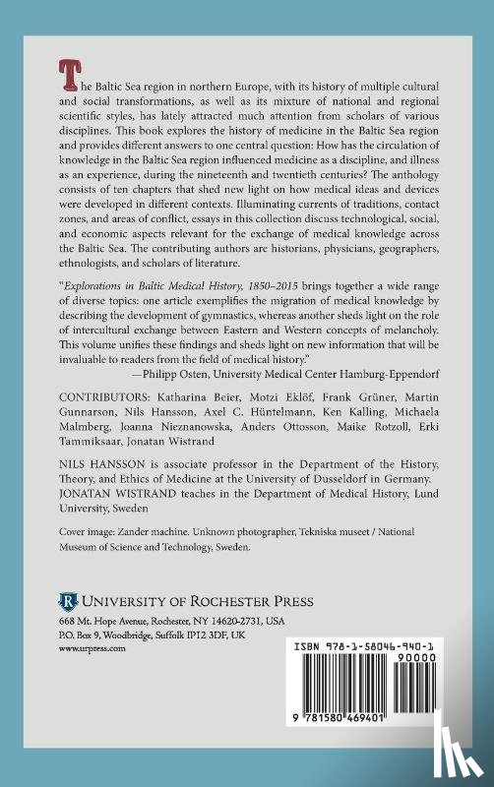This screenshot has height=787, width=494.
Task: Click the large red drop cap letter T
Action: pyautogui.click(x=70, y=70)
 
